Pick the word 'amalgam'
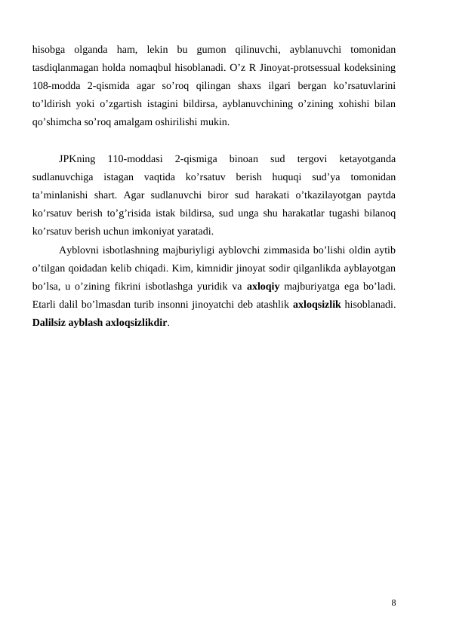(134, 121)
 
